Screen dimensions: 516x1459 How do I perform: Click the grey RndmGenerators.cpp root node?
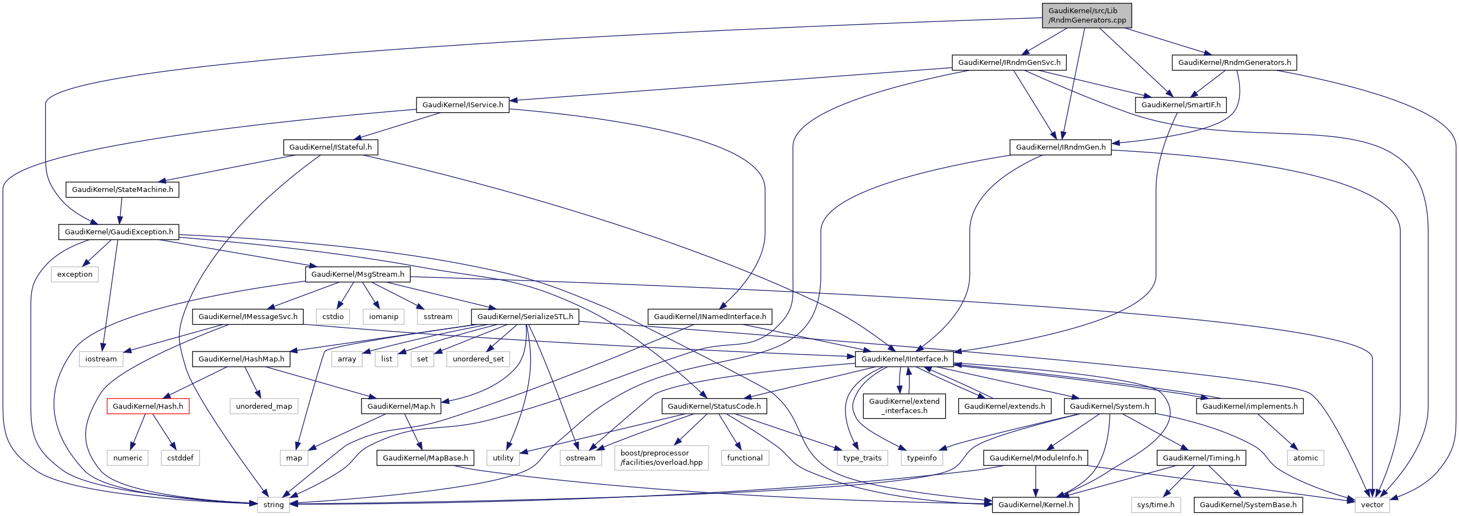coord(1087,15)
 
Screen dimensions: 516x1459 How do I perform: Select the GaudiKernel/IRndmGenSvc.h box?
coord(1009,62)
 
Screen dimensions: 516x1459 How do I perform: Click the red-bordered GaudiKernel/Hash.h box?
coord(148,406)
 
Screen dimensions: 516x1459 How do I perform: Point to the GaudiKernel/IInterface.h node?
coord(904,359)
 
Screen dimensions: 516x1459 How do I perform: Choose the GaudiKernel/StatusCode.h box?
coord(714,406)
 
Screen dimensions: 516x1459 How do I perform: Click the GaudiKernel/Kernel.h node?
coord(1035,504)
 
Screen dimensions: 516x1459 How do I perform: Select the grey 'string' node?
coord(273,504)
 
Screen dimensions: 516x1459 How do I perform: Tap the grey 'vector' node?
coord(1372,504)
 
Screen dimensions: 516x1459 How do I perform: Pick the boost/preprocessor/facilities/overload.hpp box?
coord(661,458)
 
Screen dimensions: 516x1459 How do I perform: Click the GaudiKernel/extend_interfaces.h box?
coord(904,406)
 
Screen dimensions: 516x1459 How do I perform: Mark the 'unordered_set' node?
coord(478,359)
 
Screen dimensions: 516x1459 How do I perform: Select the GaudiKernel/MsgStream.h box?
coord(358,274)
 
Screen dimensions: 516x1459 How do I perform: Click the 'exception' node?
coord(74,274)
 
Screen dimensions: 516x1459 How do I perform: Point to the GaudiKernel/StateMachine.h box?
coord(122,189)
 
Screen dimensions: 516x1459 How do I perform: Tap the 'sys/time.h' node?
coord(1155,504)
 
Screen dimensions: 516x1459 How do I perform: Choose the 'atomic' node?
coord(1305,458)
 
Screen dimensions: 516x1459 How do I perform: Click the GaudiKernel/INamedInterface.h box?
coord(710,317)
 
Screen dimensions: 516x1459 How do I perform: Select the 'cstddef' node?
coord(180,458)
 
